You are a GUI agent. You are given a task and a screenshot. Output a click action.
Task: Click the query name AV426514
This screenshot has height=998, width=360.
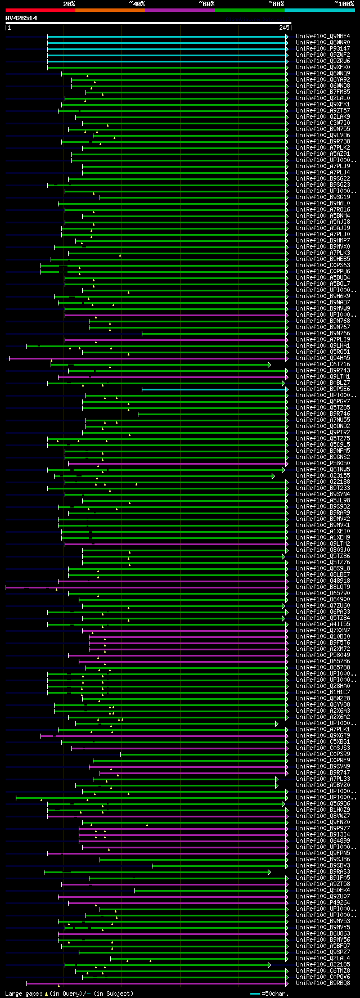21,18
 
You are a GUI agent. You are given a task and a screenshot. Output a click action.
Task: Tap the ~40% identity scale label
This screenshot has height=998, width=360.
137,4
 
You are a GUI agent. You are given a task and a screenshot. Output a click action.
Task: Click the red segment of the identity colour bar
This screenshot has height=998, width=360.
40,10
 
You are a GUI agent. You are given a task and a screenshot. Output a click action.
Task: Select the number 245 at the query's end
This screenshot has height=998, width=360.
283,27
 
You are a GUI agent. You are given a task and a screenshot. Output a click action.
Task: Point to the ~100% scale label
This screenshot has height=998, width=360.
344,4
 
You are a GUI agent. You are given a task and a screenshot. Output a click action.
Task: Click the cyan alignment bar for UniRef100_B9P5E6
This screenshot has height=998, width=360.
214,389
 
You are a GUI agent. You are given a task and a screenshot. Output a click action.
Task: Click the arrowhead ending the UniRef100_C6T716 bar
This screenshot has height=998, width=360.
269,365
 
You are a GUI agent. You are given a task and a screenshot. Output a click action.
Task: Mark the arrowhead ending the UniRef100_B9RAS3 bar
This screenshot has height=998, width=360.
269,872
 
